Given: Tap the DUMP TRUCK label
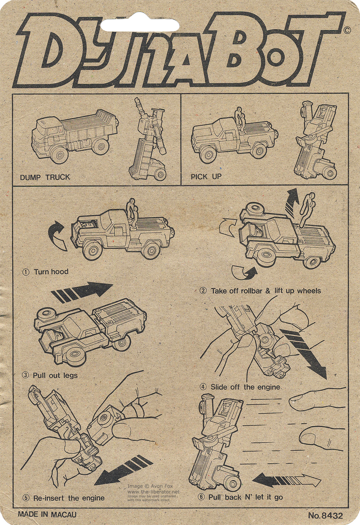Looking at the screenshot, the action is tap(45, 177).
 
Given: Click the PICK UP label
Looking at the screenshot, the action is tap(206, 176).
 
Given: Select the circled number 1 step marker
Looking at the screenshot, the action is tap(26, 272).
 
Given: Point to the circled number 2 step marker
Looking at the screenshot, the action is tap(203, 291).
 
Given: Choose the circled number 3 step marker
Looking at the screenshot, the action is tap(25, 375).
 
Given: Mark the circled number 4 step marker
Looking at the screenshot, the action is tap(203, 387).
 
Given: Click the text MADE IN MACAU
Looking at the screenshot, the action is tap(47, 514).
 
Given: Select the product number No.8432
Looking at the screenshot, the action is tap(325, 515).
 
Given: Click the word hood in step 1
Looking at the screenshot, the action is tap(60, 272).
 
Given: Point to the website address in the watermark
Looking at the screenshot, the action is tap(154, 491).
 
